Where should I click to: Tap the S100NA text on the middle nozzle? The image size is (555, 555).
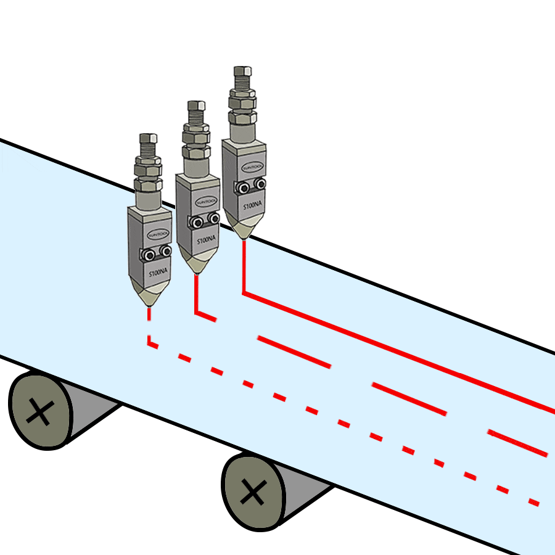207,240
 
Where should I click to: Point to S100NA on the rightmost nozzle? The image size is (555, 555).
252,205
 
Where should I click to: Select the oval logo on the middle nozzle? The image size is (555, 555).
205,202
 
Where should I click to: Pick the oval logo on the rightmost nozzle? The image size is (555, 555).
252,166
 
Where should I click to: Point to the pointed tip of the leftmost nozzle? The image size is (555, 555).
149,304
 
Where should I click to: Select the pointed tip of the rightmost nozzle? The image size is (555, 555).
244,237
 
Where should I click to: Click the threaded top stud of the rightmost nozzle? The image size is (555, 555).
241,78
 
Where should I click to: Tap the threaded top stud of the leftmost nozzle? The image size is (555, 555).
148,144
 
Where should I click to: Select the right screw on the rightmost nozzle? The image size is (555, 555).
260,184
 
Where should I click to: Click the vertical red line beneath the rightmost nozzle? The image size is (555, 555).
244,265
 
